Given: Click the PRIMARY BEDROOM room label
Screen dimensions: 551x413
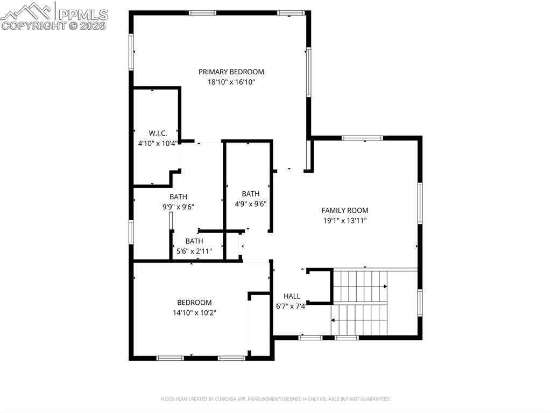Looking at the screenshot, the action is point(231,72).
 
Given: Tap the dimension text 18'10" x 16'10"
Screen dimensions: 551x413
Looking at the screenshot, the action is point(231,82).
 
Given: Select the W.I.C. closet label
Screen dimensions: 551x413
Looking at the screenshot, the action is point(158,133).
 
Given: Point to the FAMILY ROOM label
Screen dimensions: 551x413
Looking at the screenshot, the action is point(345,211).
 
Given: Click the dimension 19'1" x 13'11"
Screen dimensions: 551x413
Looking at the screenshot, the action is point(345,221).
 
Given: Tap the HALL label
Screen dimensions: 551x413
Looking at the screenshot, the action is point(292,296).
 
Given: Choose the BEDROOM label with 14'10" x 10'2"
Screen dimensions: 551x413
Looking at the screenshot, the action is point(194,303).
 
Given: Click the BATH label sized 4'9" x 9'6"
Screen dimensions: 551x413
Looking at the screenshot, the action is point(251,194).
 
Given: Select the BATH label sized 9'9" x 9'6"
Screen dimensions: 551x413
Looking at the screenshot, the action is point(178,197).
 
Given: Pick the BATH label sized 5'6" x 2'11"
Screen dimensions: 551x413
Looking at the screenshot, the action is point(194,241).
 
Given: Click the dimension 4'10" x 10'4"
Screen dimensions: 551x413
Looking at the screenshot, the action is point(158,143).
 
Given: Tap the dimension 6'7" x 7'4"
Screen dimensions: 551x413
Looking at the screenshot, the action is point(291,306).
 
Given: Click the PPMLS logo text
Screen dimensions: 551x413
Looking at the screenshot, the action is point(83,14).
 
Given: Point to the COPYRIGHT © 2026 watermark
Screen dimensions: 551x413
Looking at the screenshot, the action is point(53,26).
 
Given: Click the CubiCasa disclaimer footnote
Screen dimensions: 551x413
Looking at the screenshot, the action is point(275,399).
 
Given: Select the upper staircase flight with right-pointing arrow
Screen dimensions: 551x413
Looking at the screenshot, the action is point(360,286).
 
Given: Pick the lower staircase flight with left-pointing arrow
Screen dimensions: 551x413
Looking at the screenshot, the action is point(359,320).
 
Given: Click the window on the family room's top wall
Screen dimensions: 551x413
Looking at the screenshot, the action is point(362,138).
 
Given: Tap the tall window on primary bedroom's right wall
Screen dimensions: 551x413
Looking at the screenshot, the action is point(308,72).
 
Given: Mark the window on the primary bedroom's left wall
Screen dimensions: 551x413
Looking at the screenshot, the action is point(131,52).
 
